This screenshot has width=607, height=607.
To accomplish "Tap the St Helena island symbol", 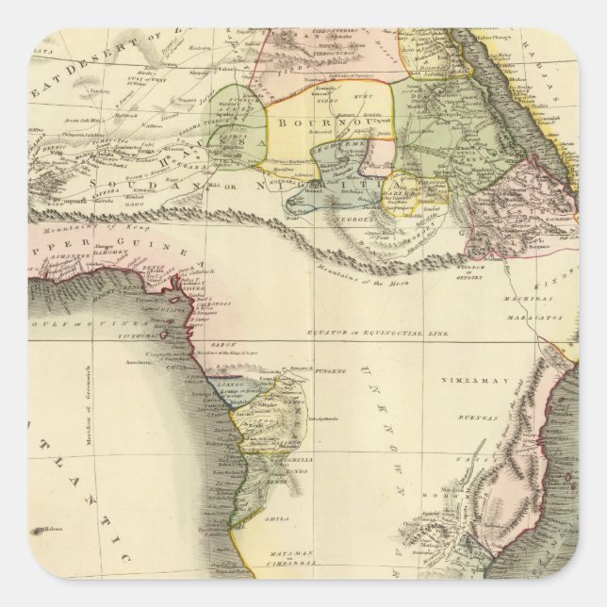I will tap(43, 531).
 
